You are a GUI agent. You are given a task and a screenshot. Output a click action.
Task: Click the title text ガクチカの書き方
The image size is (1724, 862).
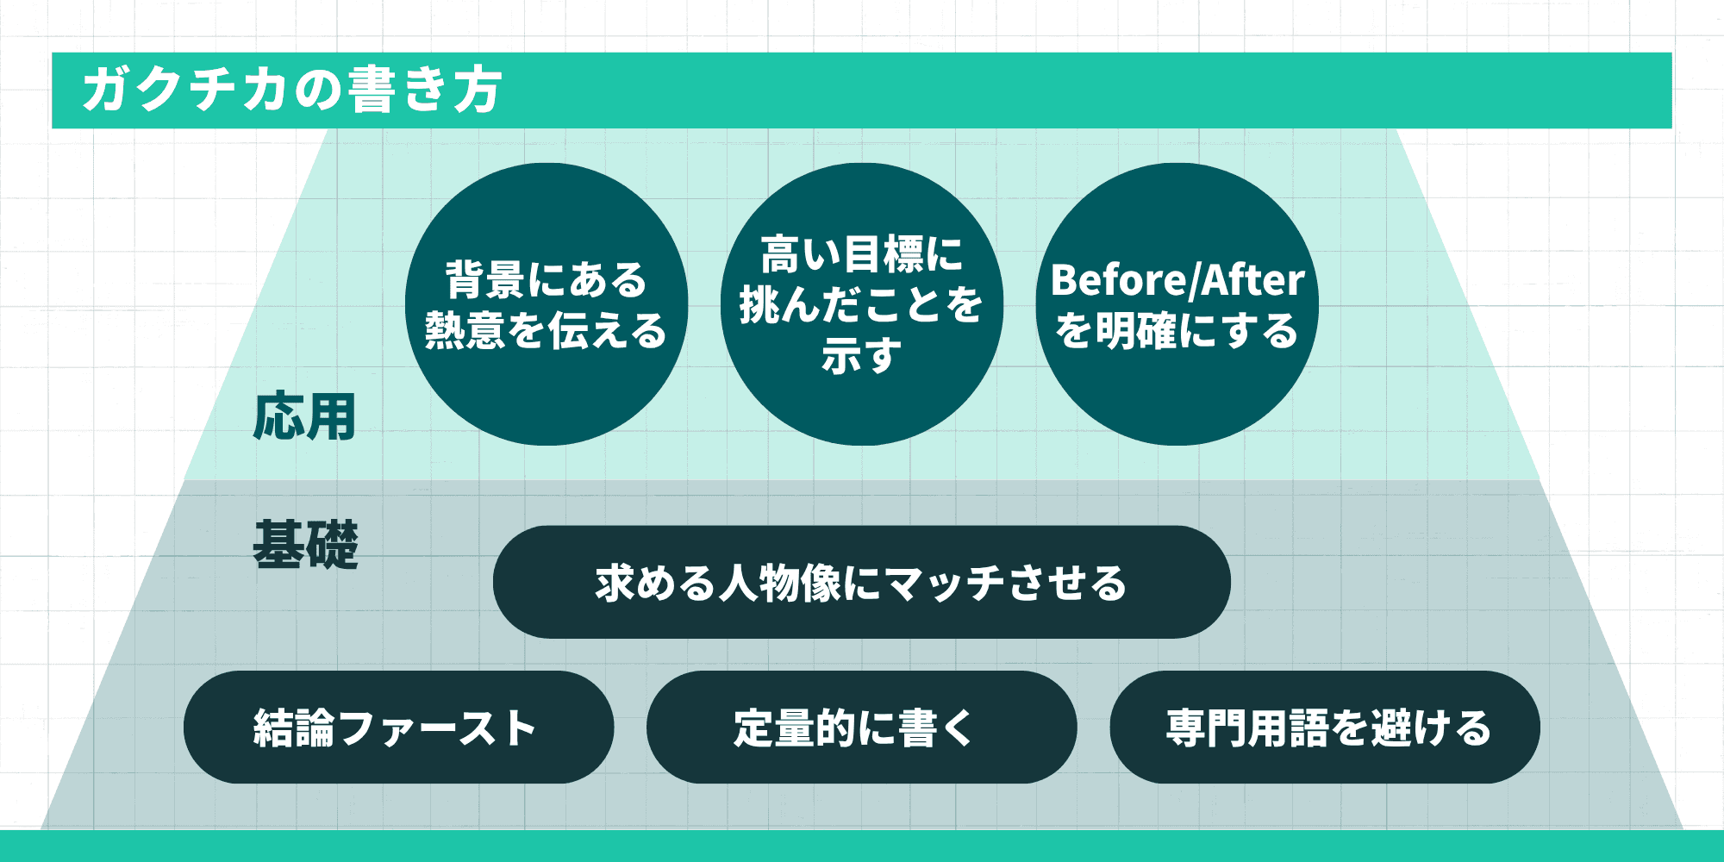click(x=292, y=90)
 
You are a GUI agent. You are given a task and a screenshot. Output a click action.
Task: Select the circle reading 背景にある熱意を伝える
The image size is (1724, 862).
click(x=547, y=304)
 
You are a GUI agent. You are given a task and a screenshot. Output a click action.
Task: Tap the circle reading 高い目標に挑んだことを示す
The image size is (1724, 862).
click(x=861, y=304)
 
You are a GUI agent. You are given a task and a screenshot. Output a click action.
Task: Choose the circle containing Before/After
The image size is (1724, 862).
click(x=1177, y=304)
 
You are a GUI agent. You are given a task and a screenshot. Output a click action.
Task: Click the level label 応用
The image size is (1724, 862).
click(x=304, y=417)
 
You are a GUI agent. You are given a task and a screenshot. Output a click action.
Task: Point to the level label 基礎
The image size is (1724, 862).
click(x=305, y=545)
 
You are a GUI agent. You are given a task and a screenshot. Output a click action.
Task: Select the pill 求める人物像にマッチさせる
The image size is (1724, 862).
click(x=861, y=583)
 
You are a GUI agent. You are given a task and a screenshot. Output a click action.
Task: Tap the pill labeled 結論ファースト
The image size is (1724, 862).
click(x=398, y=728)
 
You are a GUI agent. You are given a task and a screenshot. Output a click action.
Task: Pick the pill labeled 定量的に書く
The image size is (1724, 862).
click(x=861, y=728)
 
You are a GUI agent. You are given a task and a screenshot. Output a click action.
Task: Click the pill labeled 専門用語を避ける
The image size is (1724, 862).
click(x=1325, y=728)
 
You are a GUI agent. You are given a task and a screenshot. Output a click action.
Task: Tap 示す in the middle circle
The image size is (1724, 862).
click(x=861, y=355)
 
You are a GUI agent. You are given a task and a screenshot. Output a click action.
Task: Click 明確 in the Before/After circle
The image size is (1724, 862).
click(x=1135, y=331)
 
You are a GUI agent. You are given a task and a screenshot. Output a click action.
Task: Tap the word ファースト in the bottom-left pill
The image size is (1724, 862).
click(x=439, y=728)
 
